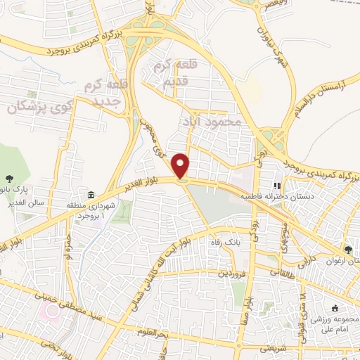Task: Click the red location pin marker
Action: coord(182,166)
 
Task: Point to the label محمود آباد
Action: coord(211,121)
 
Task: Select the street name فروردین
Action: coord(234,272)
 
